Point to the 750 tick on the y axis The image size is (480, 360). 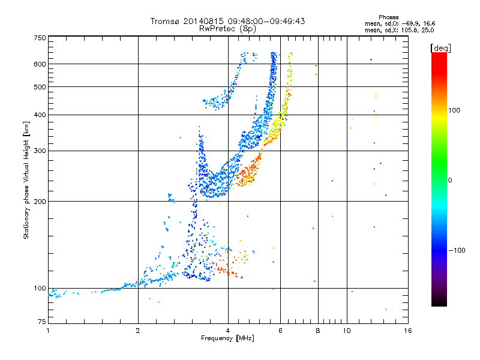click(40, 38)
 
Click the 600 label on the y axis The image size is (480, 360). click(40, 64)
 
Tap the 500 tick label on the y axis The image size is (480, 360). click(40, 87)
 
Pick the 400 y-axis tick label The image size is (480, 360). click(40, 115)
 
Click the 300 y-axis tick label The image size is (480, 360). click(40, 151)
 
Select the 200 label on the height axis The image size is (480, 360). click(40, 201)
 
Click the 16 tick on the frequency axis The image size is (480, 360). click(407, 331)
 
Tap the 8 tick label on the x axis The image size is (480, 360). click(318, 331)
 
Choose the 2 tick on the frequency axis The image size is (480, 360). click(138, 331)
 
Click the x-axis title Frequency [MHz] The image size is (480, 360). click(227, 338)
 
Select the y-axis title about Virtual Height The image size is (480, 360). click(26, 180)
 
